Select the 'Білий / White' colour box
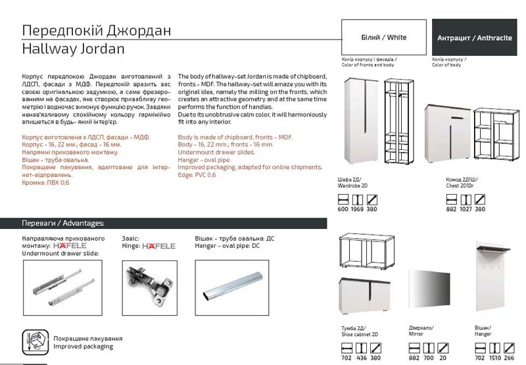point(384,37)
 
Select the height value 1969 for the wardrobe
point(358,210)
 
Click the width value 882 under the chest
point(451,210)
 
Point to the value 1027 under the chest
point(466,210)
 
